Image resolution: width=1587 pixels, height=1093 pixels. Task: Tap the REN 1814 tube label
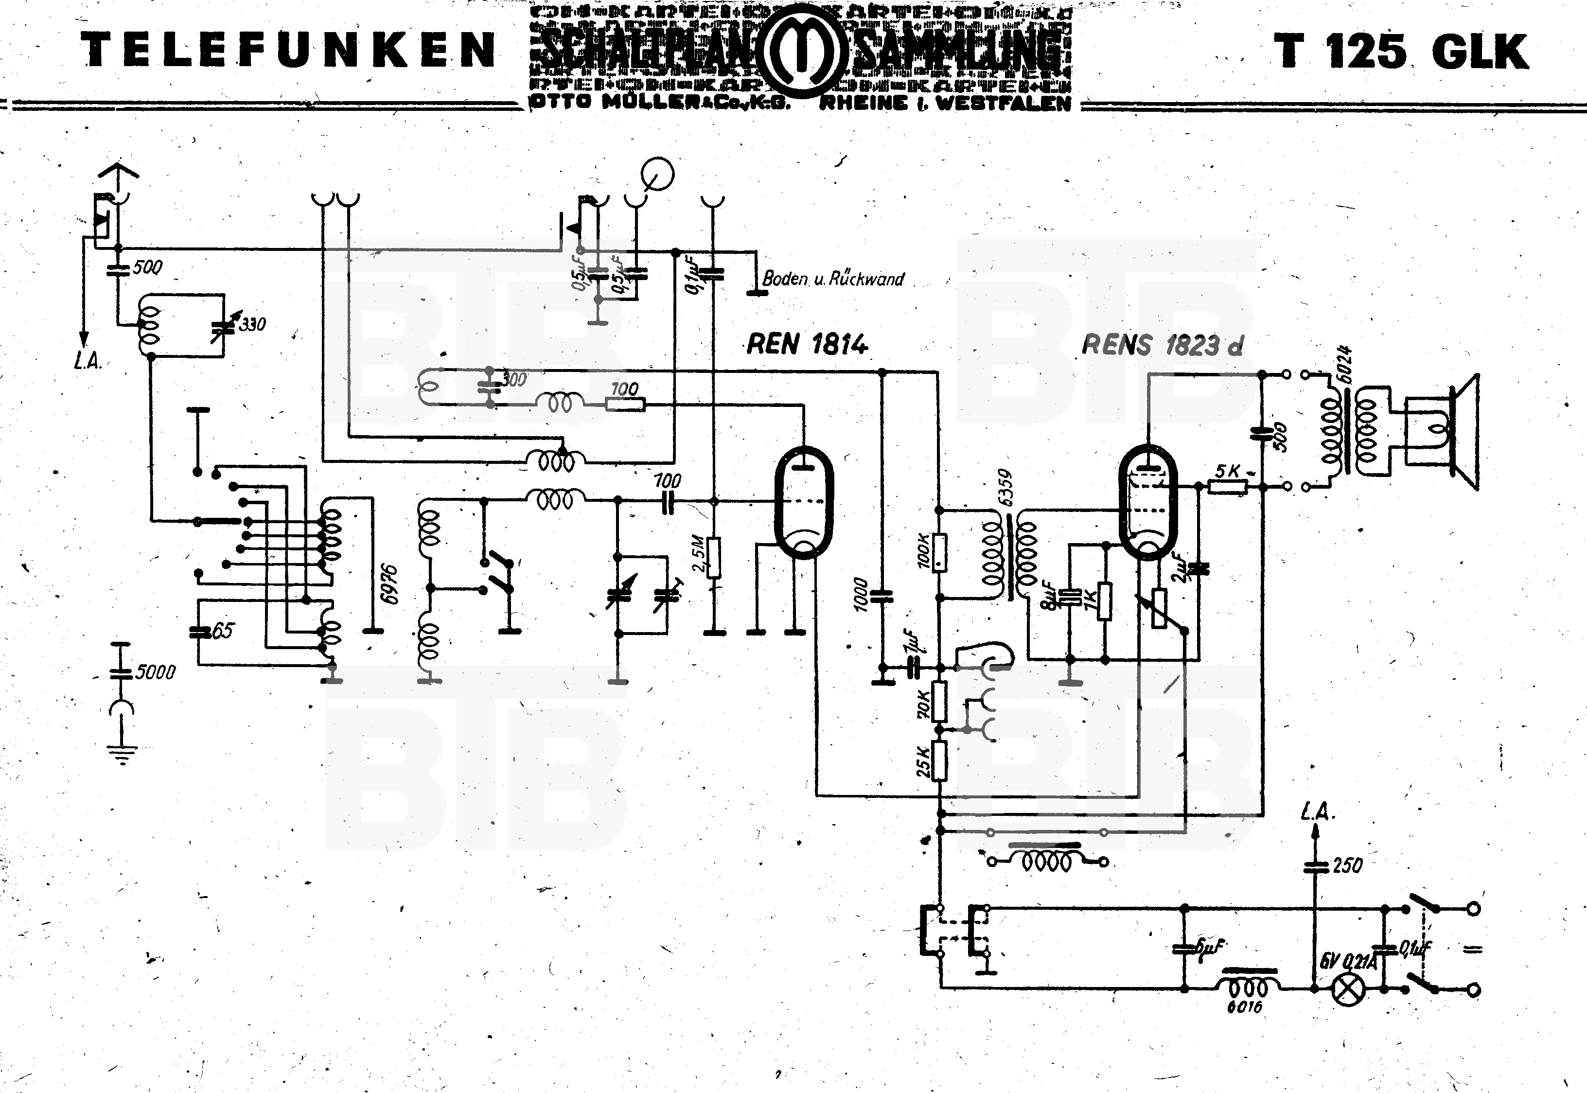click(x=807, y=344)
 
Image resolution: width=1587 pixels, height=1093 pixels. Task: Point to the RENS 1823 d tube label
click(x=1162, y=345)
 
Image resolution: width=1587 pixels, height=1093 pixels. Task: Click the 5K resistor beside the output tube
click(x=1228, y=486)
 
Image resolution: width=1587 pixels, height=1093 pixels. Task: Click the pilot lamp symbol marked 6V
click(x=1347, y=990)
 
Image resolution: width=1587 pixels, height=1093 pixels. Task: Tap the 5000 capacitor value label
click(x=156, y=672)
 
